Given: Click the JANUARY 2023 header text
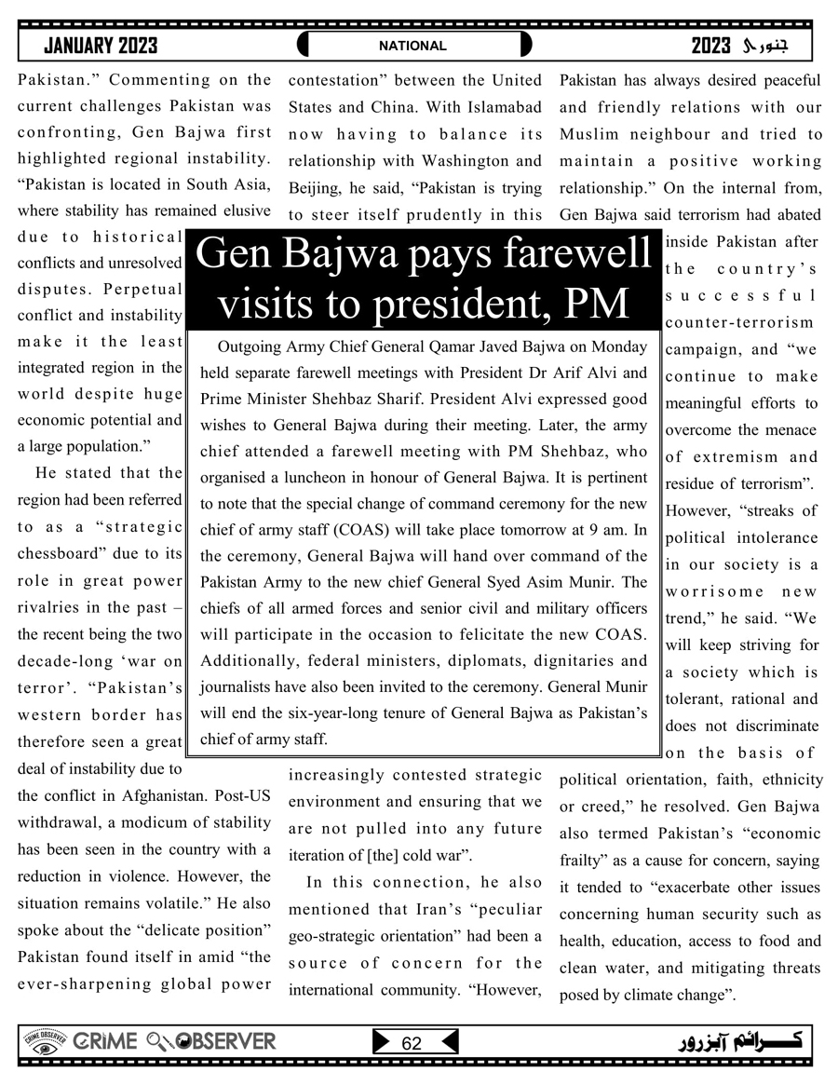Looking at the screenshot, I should click(101, 46).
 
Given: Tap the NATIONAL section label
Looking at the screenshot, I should click(412, 46).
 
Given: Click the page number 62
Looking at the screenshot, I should click(412, 1044).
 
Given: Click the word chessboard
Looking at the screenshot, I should click(58, 553).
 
